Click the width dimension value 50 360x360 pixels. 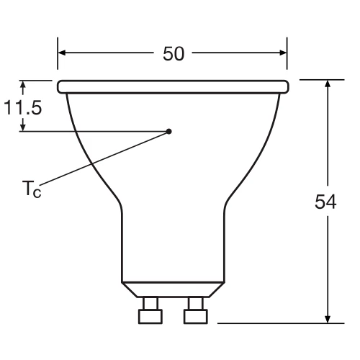click(x=173, y=55)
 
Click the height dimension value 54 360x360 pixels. click(x=326, y=202)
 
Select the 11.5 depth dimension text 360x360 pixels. click(x=22, y=109)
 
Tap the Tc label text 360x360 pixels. click(x=31, y=191)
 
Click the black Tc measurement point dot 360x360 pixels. click(x=169, y=131)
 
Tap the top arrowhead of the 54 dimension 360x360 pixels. click(x=328, y=85)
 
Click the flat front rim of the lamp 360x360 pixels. click(x=173, y=86)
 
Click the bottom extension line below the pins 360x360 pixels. click(x=274, y=323)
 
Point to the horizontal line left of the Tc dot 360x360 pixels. click(x=94, y=131)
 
